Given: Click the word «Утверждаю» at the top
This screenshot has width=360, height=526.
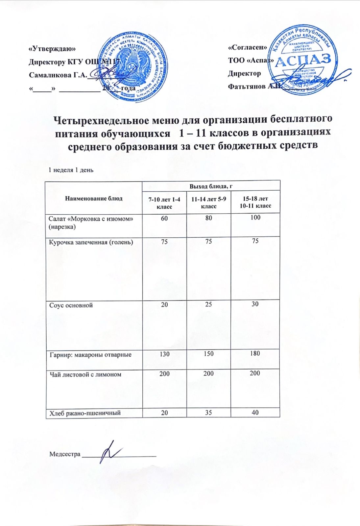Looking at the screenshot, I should pos(52,48).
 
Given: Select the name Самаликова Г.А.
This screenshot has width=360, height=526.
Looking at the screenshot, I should pos(58,75).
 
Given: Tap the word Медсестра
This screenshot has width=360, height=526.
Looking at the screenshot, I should pos(65,454).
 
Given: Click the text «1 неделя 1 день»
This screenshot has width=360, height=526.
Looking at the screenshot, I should pos(71,170).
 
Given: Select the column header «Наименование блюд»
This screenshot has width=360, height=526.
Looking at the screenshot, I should pos(94,198).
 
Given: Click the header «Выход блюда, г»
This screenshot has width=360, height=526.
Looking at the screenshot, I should pos(211,186).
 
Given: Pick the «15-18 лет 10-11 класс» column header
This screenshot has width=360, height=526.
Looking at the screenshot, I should pos(255,202).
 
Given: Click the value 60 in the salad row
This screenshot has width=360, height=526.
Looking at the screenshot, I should pos(164,218).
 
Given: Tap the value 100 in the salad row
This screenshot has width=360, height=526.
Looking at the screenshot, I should pos(255,217).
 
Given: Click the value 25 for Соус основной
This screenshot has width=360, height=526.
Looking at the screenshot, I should pos(208,304).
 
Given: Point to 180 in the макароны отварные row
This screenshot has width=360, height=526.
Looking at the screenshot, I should pos(255,353).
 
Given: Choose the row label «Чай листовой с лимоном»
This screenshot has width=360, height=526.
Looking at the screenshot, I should pos(85,374).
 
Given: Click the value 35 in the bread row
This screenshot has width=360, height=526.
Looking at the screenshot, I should pos(208,412).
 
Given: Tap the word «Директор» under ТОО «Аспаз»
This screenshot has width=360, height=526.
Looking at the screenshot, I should pos(245,73).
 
